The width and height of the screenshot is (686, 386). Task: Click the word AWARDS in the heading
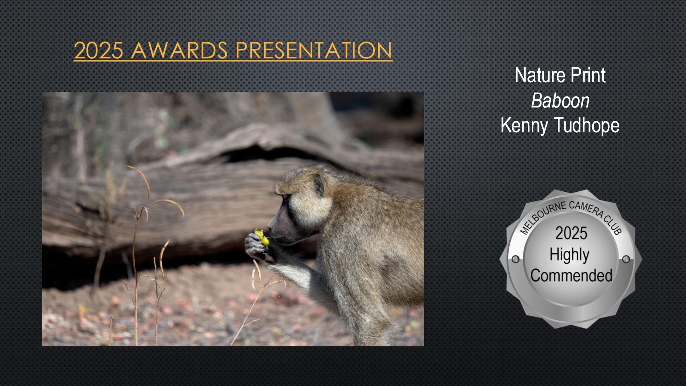click(x=179, y=50)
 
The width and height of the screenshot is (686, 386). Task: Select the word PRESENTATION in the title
click(x=313, y=50)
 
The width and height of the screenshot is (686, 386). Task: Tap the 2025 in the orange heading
click(x=99, y=50)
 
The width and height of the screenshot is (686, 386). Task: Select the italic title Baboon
click(x=560, y=100)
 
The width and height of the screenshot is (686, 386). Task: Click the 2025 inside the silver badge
click(x=571, y=233)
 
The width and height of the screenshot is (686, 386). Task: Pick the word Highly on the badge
click(x=569, y=255)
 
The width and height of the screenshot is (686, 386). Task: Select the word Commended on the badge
click(x=571, y=276)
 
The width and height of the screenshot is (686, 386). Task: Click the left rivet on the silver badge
click(x=515, y=259)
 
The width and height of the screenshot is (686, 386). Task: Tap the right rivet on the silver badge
click(x=626, y=259)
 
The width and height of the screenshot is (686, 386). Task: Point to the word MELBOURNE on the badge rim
click(x=541, y=217)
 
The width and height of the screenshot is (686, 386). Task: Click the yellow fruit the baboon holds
click(x=262, y=238)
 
